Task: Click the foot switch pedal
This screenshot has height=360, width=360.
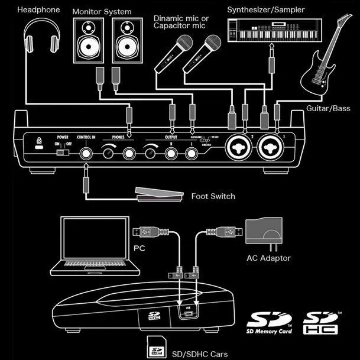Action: coord(157,193)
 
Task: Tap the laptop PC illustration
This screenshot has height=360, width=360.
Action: coord(94,246)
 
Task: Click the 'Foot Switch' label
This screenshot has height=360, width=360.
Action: coord(213,196)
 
